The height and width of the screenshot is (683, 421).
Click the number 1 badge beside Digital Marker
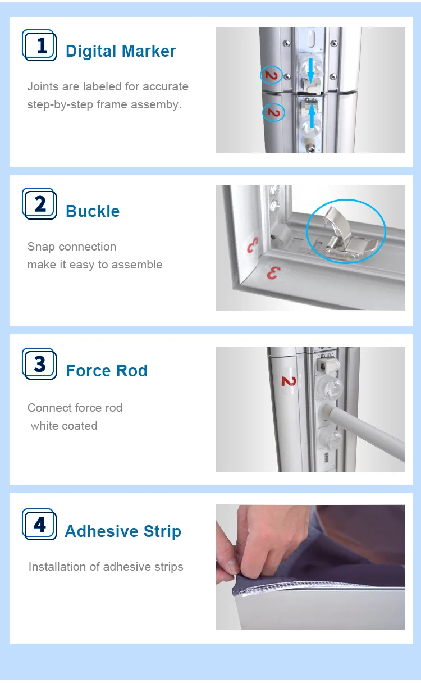(x=39, y=45)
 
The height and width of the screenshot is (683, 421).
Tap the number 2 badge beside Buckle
(x=39, y=204)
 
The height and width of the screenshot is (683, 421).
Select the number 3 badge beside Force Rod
(x=39, y=364)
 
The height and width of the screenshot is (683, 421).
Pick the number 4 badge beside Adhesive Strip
(x=39, y=525)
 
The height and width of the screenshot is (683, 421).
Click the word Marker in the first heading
(x=149, y=51)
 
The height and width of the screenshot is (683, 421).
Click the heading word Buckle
(x=93, y=211)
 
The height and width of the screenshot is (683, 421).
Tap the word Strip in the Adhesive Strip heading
(x=162, y=531)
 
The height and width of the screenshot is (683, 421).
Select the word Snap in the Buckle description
(x=41, y=247)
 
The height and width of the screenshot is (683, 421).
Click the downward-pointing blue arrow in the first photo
(x=310, y=71)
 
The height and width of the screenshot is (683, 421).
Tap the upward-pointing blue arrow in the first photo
(x=312, y=116)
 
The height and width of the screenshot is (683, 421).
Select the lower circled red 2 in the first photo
(x=273, y=113)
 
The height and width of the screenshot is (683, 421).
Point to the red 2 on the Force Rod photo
(x=289, y=381)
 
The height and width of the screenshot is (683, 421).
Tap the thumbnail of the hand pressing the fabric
(x=310, y=568)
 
